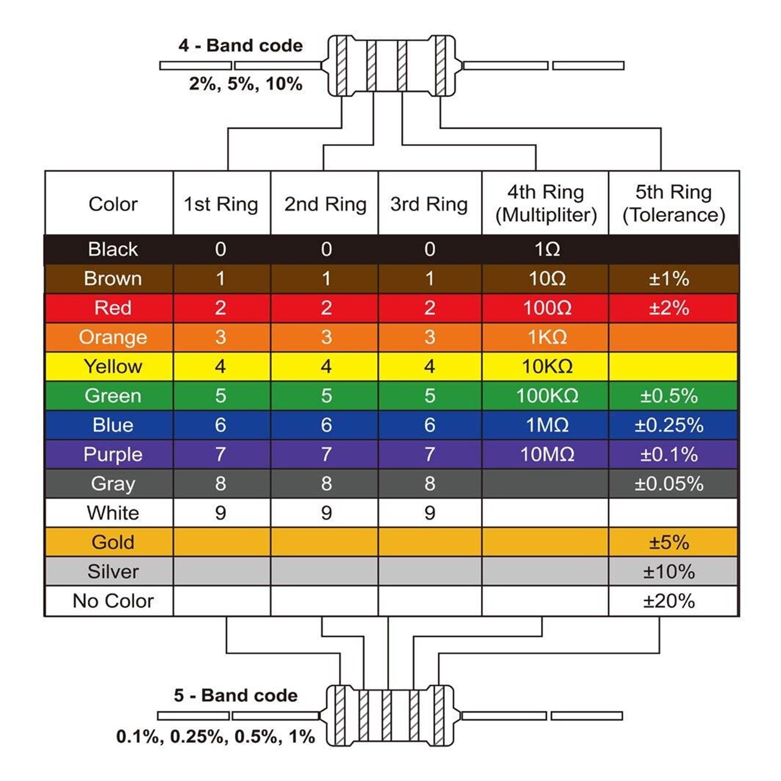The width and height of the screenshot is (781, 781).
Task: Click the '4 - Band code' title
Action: (x=240, y=45)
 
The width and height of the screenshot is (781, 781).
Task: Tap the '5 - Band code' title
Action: (x=235, y=695)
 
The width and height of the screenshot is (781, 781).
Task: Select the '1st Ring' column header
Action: (x=221, y=204)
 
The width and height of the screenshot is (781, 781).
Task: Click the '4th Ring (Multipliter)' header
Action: (x=546, y=204)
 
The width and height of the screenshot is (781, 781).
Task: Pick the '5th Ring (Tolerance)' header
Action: (x=674, y=204)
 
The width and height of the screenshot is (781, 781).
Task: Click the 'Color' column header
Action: (x=113, y=204)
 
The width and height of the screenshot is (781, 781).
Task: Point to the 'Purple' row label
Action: (x=113, y=454)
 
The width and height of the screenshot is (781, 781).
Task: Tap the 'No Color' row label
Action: (x=113, y=601)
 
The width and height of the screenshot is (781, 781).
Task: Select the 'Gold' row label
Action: (x=113, y=542)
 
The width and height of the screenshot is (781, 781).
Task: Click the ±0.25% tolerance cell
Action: (x=669, y=425)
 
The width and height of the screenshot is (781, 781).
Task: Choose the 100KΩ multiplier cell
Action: (x=547, y=396)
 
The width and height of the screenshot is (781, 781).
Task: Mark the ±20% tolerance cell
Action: (x=669, y=601)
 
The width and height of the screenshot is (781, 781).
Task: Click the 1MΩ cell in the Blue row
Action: (x=547, y=425)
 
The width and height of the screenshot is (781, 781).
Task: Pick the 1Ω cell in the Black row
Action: (x=547, y=249)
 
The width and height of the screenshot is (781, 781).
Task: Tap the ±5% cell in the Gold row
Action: (x=669, y=542)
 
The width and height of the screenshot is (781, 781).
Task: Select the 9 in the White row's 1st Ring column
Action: (x=221, y=513)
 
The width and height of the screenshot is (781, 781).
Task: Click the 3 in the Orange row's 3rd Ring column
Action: (x=430, y=337)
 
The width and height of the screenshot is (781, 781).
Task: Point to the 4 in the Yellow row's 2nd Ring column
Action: (x=326, y=367)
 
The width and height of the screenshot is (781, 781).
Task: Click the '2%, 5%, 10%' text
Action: (x=246, y=84)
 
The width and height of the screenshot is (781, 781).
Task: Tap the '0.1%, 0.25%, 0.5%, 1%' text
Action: (x=215, y=737)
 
